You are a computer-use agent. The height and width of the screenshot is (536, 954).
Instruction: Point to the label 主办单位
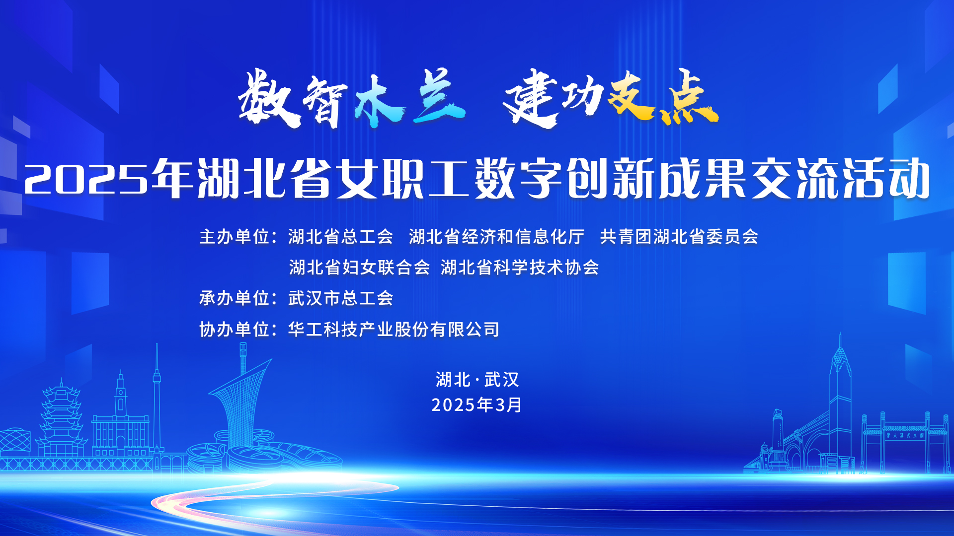click(234, 237)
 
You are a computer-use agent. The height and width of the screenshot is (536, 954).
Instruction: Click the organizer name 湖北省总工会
click(341, 237)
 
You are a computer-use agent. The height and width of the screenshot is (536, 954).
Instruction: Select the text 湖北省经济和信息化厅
click(496, 237)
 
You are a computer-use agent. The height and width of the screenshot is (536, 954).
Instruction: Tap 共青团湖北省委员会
click(679, 237)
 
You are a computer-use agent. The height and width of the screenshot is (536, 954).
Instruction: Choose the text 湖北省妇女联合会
click(359, 268)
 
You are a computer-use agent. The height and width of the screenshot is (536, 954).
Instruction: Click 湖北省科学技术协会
click(520, 268)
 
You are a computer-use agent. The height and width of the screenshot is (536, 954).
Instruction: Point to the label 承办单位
click(234, 298)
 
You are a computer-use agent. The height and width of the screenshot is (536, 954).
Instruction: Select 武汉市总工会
click(341, 298)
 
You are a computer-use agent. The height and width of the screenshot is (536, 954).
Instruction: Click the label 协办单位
click(234, 329)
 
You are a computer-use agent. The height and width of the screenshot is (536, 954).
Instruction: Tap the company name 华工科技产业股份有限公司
click(394, 329)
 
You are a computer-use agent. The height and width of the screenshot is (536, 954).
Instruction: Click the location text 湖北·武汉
click(477, 380)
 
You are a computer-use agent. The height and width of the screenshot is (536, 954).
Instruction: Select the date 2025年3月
click(477, 405)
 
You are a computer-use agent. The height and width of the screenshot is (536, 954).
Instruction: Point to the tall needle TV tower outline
click(157, 397)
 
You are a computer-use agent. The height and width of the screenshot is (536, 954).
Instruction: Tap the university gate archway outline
click(904, 439)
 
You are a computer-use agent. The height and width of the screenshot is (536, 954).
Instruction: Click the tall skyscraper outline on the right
click(840, 402)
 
